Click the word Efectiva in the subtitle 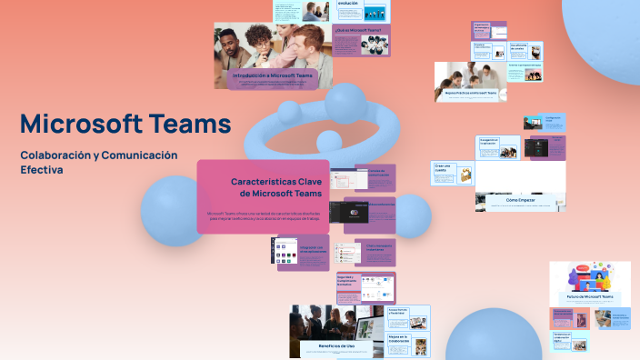tap(42, 170)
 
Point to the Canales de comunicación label tap(368, 171)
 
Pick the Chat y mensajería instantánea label tap(381, 246)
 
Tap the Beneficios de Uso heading tap(335, 346)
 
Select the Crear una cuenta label tap(444, 168)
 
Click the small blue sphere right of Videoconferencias tap(412, 215)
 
